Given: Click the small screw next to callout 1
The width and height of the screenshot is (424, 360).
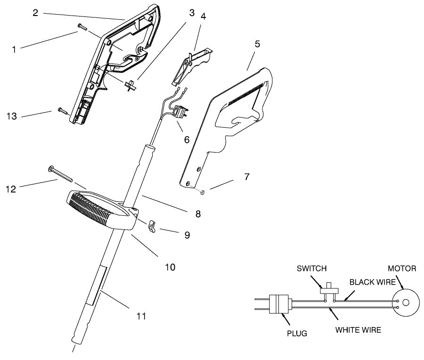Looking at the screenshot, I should [83, 27].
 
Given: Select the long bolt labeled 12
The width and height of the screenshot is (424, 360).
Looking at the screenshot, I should [61, 174].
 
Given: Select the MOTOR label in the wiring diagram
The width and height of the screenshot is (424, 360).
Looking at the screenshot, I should [401, 269].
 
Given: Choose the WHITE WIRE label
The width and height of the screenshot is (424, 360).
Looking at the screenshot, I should [358, 329].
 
